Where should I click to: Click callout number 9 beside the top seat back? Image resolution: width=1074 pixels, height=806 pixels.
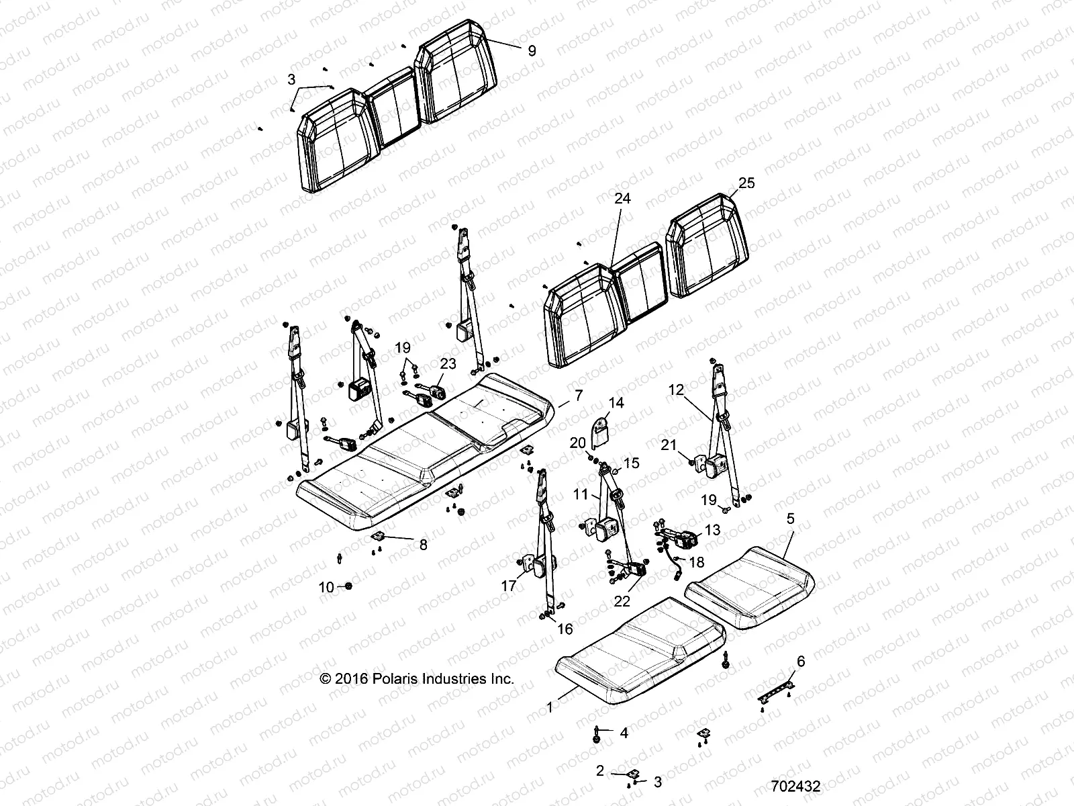click(x=532, y=50)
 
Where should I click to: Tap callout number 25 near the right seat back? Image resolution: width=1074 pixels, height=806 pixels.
click(x=746, y=183)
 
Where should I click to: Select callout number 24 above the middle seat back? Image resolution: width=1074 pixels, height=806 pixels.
click(x=622, y=199)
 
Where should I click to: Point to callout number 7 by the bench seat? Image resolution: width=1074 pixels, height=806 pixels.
click(x=579, y=395)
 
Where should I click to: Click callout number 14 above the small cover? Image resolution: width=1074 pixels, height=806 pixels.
click(x=616, y=403)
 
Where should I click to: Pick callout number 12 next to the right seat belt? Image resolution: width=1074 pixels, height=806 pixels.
click(x=676, y=389)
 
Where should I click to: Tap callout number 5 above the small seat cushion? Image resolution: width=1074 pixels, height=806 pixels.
click(x=791, y=519)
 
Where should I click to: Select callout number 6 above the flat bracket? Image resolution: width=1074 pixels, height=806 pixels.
click(x=800, y=662)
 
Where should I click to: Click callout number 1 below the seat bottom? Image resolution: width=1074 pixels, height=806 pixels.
click(x=550, y=707)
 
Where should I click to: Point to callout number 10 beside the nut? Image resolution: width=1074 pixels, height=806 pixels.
click(x=326, y=588)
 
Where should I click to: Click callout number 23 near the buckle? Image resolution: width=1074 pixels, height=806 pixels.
click(x=448, y=363)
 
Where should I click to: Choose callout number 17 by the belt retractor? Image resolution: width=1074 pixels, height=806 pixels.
click(x=509, y=586)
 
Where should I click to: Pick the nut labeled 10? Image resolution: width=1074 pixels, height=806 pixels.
click(x=348, y=586)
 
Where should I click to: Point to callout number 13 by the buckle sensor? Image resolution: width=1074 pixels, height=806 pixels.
click(x=712, y=530)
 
